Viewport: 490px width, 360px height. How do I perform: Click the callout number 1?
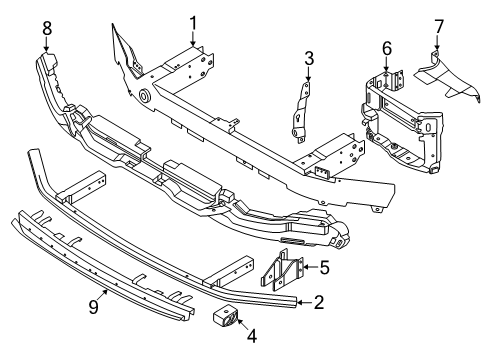(193, 20)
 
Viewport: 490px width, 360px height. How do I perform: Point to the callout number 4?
(251, 337)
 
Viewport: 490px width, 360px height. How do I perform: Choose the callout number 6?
(386, 47)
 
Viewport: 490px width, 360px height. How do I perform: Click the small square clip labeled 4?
(226, 318)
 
